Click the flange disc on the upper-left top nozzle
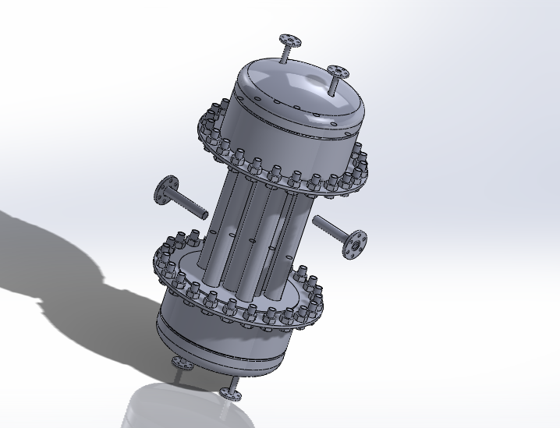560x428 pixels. click(x=289, y=39)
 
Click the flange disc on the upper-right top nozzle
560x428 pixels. click(x=338, y=71)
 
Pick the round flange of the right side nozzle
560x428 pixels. click(x=355, y=242)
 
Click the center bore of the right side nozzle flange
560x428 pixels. click(x=356, y=243)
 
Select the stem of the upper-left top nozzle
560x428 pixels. click(x=285, y=52)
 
